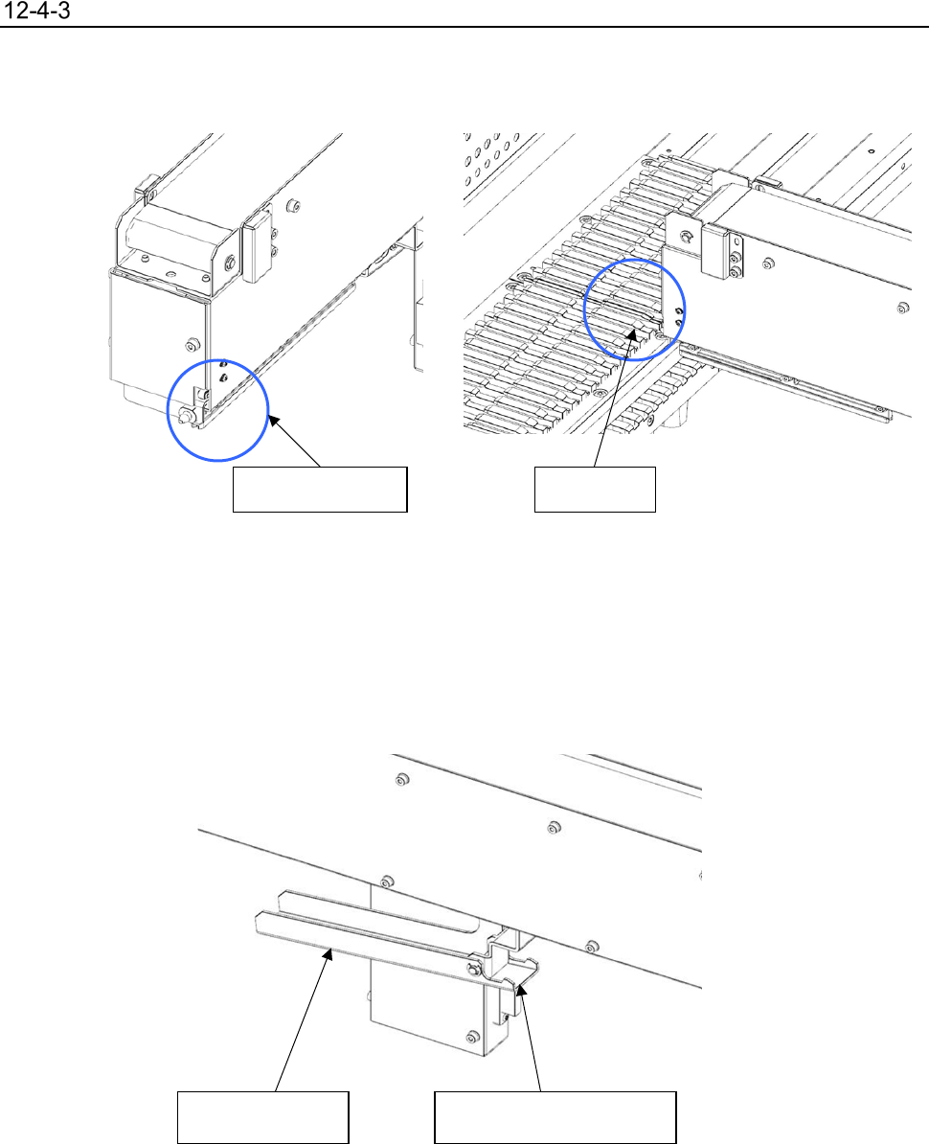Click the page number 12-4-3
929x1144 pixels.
(x=37, y=11)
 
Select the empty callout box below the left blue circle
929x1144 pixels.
(x=319, y=490)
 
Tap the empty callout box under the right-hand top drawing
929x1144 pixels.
(x=595, y=490)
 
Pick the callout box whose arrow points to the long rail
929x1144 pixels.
(x=263, y=1117)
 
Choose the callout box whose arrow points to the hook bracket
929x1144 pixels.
(x=555, y=1117)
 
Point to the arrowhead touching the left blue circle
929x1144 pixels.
(x=274, y=421)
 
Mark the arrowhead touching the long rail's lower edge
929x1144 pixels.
(x=330, y=951)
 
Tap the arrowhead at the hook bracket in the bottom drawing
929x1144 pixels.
(x=521, y=990)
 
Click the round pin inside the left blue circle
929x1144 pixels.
(x=185, y=415)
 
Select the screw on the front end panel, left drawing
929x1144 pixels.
(x=193, y=344)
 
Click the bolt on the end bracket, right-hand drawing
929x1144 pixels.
(x=686, y=237)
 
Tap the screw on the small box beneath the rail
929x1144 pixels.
(x=473, y=1037)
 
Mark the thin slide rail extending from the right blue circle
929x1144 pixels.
(x=786, y=380)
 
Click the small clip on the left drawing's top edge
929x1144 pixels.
(x=147, y=187)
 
